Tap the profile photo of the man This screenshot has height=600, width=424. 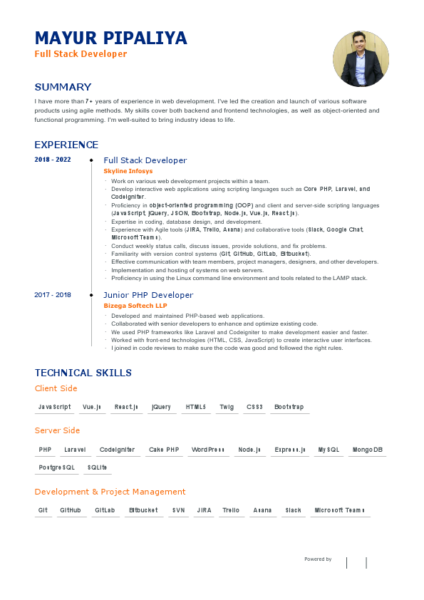360,58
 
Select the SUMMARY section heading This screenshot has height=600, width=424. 63,87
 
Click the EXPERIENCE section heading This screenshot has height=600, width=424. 66,145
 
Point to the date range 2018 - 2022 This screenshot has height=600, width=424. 53,160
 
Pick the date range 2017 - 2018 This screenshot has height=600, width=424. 53,294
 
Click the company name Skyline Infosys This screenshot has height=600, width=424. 128,171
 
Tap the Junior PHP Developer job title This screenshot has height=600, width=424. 148,294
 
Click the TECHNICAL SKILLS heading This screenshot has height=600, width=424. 83,373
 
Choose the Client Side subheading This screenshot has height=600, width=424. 56,388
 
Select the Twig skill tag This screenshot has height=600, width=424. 227,407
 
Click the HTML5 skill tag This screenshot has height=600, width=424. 195,407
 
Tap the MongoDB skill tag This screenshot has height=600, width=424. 368,450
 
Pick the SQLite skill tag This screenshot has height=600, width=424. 97,467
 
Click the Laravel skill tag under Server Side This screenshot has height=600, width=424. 75,450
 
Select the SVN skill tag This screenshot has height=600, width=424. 178,510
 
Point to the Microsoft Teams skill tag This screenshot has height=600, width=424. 339,510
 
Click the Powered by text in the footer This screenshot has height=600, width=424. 318,559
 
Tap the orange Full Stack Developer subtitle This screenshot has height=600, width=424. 81,54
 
